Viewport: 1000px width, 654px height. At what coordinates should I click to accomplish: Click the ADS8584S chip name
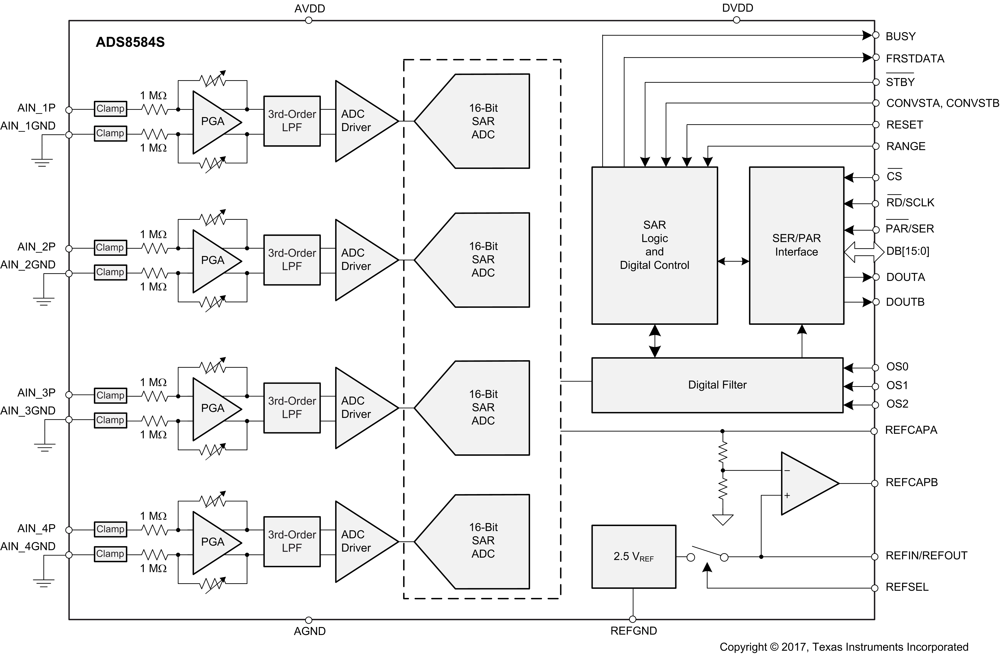coord(130,42)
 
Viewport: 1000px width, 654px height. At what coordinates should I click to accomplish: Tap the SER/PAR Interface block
coord(796,245)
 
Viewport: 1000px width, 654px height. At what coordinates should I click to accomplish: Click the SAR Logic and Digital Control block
coord(654,245)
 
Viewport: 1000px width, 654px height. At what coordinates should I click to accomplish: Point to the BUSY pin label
coord(900,37)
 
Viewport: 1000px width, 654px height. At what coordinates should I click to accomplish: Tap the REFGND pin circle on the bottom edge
coord(633,619)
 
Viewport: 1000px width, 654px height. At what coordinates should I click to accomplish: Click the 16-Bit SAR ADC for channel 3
coord(483,408)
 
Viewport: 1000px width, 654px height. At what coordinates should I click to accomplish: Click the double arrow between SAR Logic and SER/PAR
coord(733,261)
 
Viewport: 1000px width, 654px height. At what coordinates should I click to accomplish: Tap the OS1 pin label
coord(897,385)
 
